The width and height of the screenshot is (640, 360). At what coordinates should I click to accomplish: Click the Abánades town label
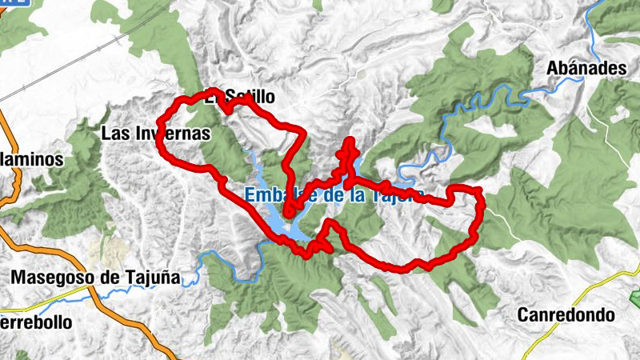586,69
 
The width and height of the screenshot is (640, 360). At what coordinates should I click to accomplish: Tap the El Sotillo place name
240,98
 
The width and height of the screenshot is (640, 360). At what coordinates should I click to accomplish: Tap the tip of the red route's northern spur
349,141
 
